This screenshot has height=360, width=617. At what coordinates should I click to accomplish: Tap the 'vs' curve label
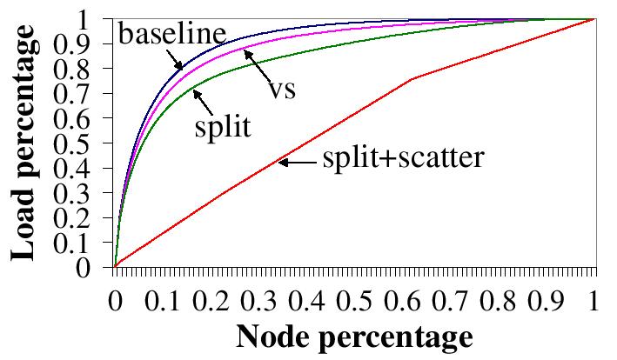pyautogui.click(x=278, y=90)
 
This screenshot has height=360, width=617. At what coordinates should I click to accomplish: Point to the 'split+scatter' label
pyautogui.click(x=402, y=159)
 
